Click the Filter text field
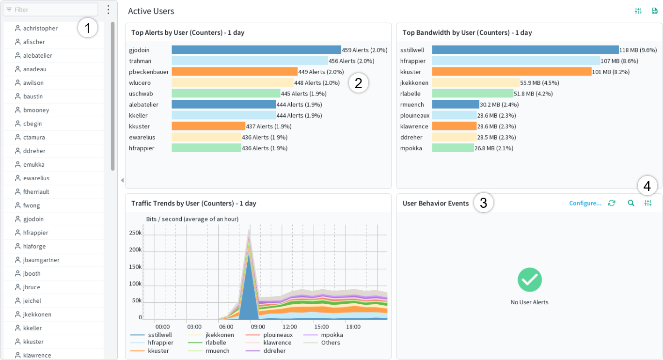[x=50, y=10]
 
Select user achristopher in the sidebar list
[x=40, y=29]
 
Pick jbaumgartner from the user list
[x=41, y=260]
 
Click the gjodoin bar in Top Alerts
[x=256, y=50]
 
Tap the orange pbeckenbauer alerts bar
[x=235, y=72]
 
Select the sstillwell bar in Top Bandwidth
[x=525, y=50]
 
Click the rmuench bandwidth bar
[x=455, y=105]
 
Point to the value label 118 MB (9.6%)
[x=638, y=50]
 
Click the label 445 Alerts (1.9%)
[x=304, y=94]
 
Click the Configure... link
[x=585, y=203]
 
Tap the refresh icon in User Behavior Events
[x=612, y=203]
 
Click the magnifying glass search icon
[x=631, y=203]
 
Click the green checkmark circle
[x=530, y=280]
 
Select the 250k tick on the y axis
[x=136, y=233]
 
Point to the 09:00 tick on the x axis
[x=258, y=327]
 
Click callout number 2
[x=359, y=83]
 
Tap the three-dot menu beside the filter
[x=109, y=10]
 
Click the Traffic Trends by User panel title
[x=193, y=203]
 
